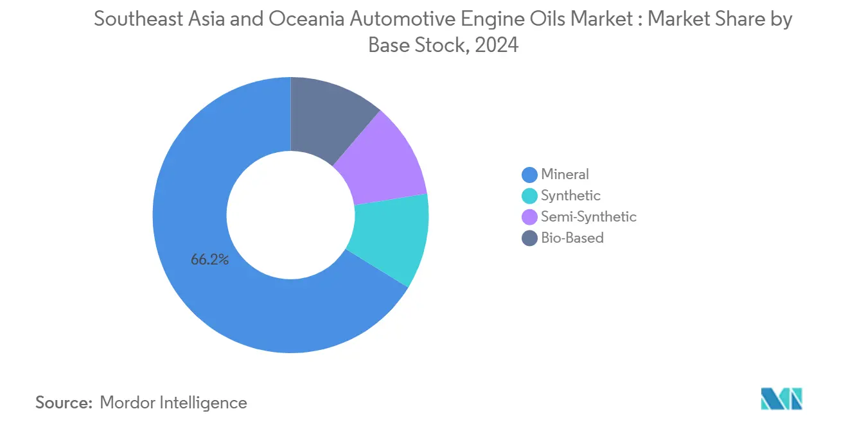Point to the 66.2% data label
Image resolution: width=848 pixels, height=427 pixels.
pos(210,260)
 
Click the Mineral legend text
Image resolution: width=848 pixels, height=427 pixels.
pos(565,174)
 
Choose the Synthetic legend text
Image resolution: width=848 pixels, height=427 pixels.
pos(570,195)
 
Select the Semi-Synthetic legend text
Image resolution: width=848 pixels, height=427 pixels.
pos(588,216)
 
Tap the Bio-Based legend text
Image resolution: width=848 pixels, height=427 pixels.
pos(572,238)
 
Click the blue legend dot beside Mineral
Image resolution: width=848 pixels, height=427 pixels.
pos(529,175)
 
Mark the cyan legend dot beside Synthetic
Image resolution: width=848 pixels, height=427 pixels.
pos(529,196)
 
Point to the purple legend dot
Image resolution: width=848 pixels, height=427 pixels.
pos(529,217)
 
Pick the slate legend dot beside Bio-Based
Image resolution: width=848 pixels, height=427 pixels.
pos(529,238)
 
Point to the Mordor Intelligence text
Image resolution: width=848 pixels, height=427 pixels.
pos(173,403)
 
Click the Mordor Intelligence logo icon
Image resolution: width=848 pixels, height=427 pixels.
pos(781,399)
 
